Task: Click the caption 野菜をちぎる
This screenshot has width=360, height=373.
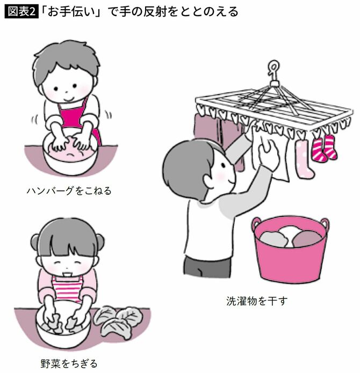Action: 65,363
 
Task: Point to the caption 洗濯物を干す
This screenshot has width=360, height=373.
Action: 257,301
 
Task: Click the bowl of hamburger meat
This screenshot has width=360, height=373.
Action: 69,158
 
